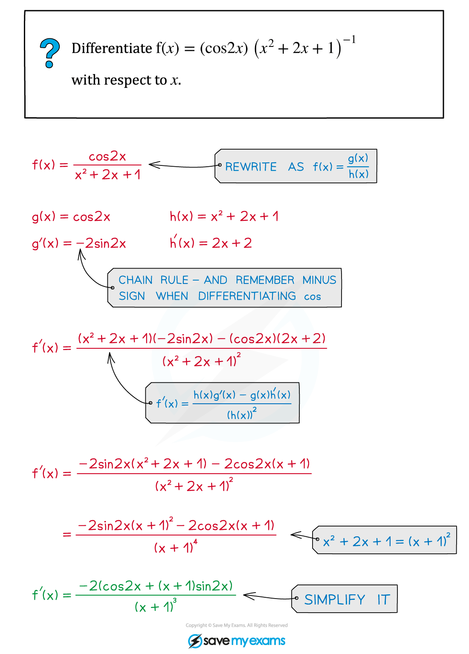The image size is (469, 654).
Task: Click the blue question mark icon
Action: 49,53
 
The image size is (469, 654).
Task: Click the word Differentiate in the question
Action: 112,48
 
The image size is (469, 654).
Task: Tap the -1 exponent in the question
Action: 349,39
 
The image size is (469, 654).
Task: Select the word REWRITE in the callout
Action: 251,167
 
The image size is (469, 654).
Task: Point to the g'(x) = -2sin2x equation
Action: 79,243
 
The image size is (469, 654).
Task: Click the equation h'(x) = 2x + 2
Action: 211,242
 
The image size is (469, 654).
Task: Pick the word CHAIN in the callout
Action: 136,280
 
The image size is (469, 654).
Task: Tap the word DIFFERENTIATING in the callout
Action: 247,296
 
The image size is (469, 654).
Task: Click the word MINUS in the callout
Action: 319,280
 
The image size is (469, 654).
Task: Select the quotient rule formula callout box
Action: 222,403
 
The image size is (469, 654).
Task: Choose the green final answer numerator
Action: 156,586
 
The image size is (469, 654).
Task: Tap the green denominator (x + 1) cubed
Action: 156,605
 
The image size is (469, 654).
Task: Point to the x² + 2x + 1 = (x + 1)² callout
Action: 384,540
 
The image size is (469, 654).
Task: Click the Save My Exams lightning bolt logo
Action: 195,641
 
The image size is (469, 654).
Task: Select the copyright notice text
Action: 237,625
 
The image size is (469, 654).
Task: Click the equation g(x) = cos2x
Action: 71,217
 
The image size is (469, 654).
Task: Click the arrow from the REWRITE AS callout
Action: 185,166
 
